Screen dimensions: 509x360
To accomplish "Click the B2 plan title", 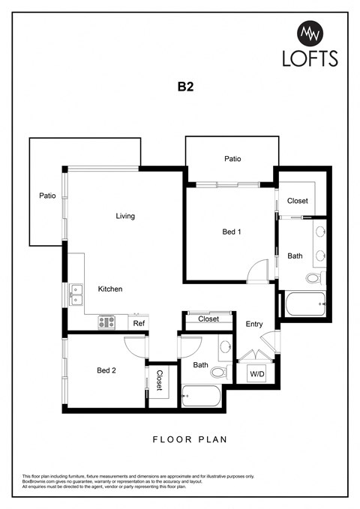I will pyautogui.click(x=186, y=87).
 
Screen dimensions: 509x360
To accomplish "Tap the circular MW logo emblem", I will pyautogui.click(x=310, y=33).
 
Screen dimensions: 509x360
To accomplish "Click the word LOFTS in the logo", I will pyautogui.click(x=310, y=58).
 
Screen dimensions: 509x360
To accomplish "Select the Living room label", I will pyautogui.click(x=125, y=217).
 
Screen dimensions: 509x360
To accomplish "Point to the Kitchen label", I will pyautogui.click(x=110, y=289).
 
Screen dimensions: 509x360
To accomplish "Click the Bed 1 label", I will pyautogui.click(x=232, y=232).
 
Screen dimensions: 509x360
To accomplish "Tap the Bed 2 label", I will pyautogui.click(x=107, y=370).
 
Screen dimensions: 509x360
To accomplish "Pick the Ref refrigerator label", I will pyautogui.click(x=139, y=323).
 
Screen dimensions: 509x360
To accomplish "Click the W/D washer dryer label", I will pyautogui.click(x=257, y=373).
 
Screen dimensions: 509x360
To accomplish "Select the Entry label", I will pyautogui.click(x=254, y=324).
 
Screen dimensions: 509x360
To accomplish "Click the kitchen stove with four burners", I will pyautogui.click(x=107, y=323).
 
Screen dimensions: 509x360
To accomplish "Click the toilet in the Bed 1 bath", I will pyautogui.click(x=313, y=279).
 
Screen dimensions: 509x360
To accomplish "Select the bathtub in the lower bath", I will pyautogui.click(x=202, y=395).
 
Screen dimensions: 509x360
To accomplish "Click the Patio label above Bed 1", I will pyautogui.click(x=232, y=159).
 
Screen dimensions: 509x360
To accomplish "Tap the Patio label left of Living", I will pyautogui.click(x=47, y=196).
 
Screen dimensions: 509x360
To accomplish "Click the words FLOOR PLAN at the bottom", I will pyautogui.click(x=190, y=440).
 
